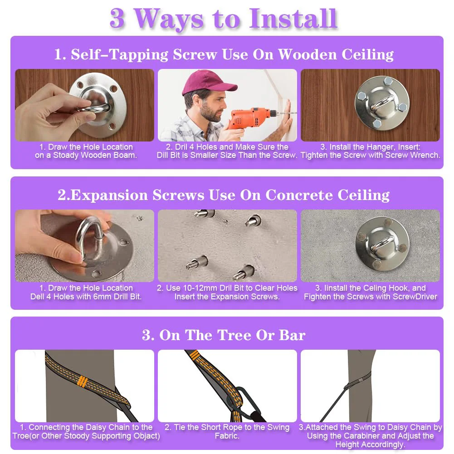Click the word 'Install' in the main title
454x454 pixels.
point(293,19)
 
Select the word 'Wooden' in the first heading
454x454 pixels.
point(308,54)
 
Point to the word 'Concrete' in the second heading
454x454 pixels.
point(299,195)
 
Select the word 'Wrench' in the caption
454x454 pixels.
point(425,155)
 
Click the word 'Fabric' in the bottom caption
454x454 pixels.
point(227,436)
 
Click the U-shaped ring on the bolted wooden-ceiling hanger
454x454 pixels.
point(382,103)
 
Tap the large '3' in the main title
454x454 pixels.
point(117,19)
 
